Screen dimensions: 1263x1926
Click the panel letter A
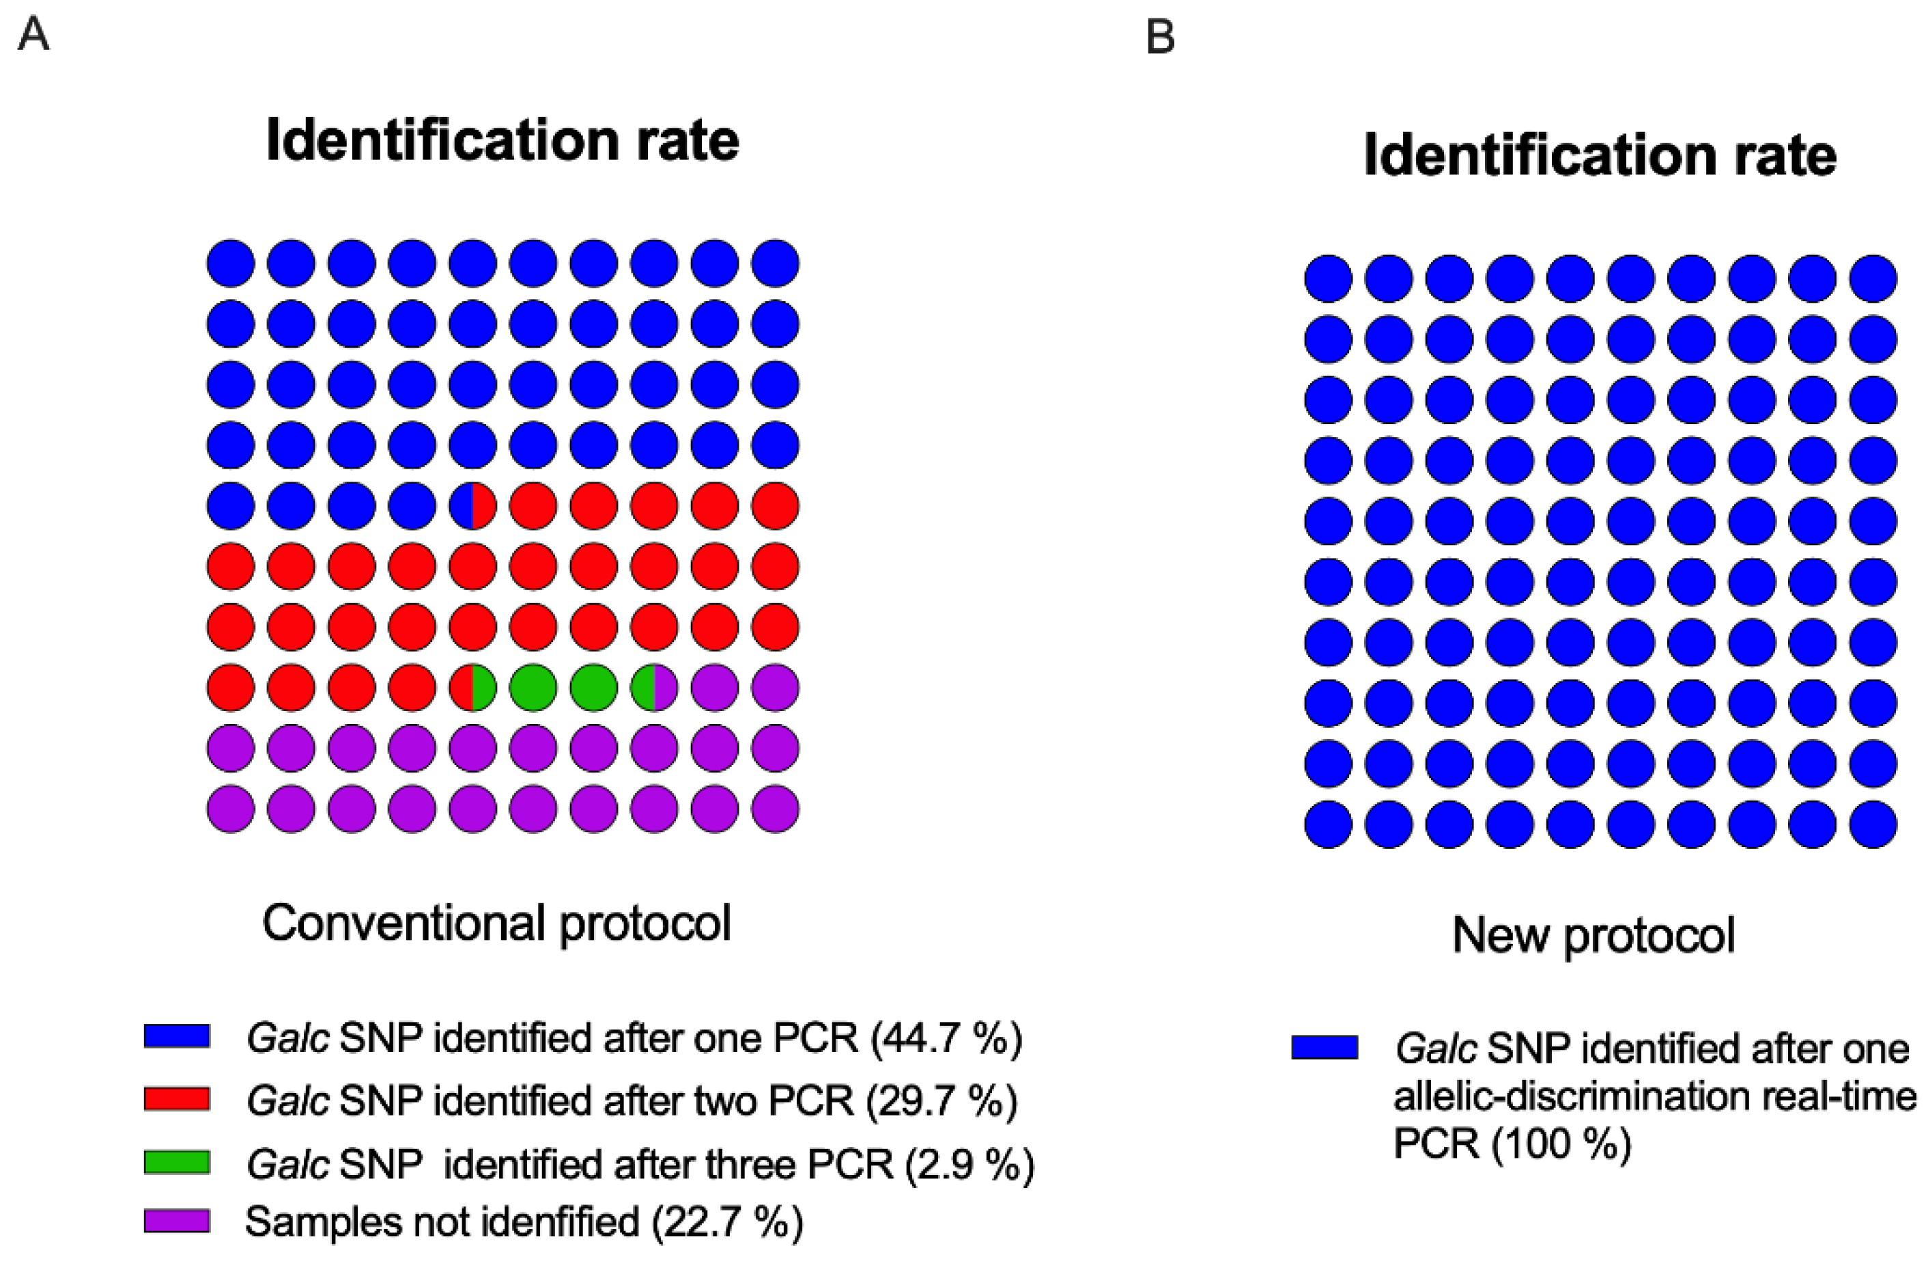click(33, 35)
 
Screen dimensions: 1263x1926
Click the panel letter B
click(1161, 38)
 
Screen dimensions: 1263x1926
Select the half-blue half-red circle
click(472, 506)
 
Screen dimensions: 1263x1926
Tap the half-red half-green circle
click(472, 687)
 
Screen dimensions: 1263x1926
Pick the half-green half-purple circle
click(654, 687)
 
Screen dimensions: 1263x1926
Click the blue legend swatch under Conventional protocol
click(178, 1036)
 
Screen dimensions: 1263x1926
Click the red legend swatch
click(178, 1098)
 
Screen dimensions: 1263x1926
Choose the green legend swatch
click(178, 1162)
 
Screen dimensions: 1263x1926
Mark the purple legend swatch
click(178, 1221)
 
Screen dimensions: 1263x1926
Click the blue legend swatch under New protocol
click(1325, 1048)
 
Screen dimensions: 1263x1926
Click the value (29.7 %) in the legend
click(941, 1100)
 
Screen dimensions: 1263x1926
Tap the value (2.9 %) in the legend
click(969, 1164)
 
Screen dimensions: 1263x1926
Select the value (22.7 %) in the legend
click(728, 1223)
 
